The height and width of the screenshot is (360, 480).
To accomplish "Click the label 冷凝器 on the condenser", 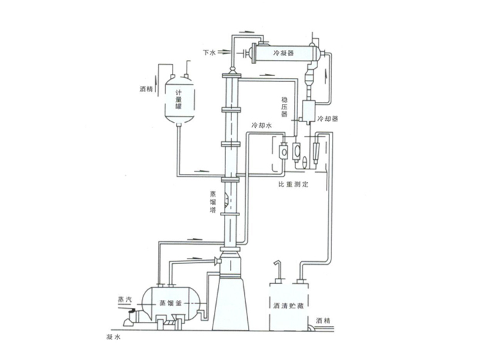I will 285,52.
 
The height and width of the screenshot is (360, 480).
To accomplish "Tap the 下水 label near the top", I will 209,51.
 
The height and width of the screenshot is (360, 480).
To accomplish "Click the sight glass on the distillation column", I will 229,197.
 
